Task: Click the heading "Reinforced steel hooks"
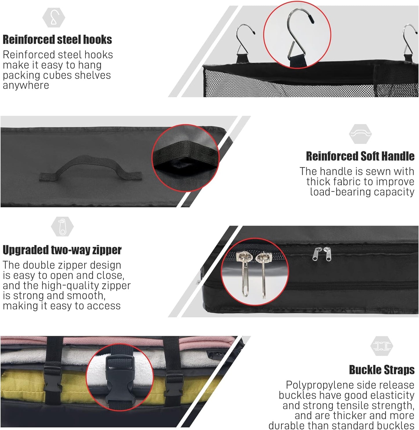click(57, 40)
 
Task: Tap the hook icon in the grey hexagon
click(54, 18)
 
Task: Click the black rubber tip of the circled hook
click(311, 19)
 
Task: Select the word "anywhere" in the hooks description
click(26, 85)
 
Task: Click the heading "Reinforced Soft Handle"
click(360, 156)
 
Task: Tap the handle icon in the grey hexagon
click(360, 134)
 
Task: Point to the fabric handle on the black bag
click(90, 168)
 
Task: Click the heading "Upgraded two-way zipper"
click(62, 250)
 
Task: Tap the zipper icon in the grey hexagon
click(62, 226)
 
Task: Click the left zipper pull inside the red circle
click(245, 273)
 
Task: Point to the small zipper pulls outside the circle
click(322, 254)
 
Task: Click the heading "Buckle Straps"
click(382, 370)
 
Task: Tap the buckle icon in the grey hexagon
click(382, 346)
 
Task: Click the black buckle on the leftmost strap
click(52, 380)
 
